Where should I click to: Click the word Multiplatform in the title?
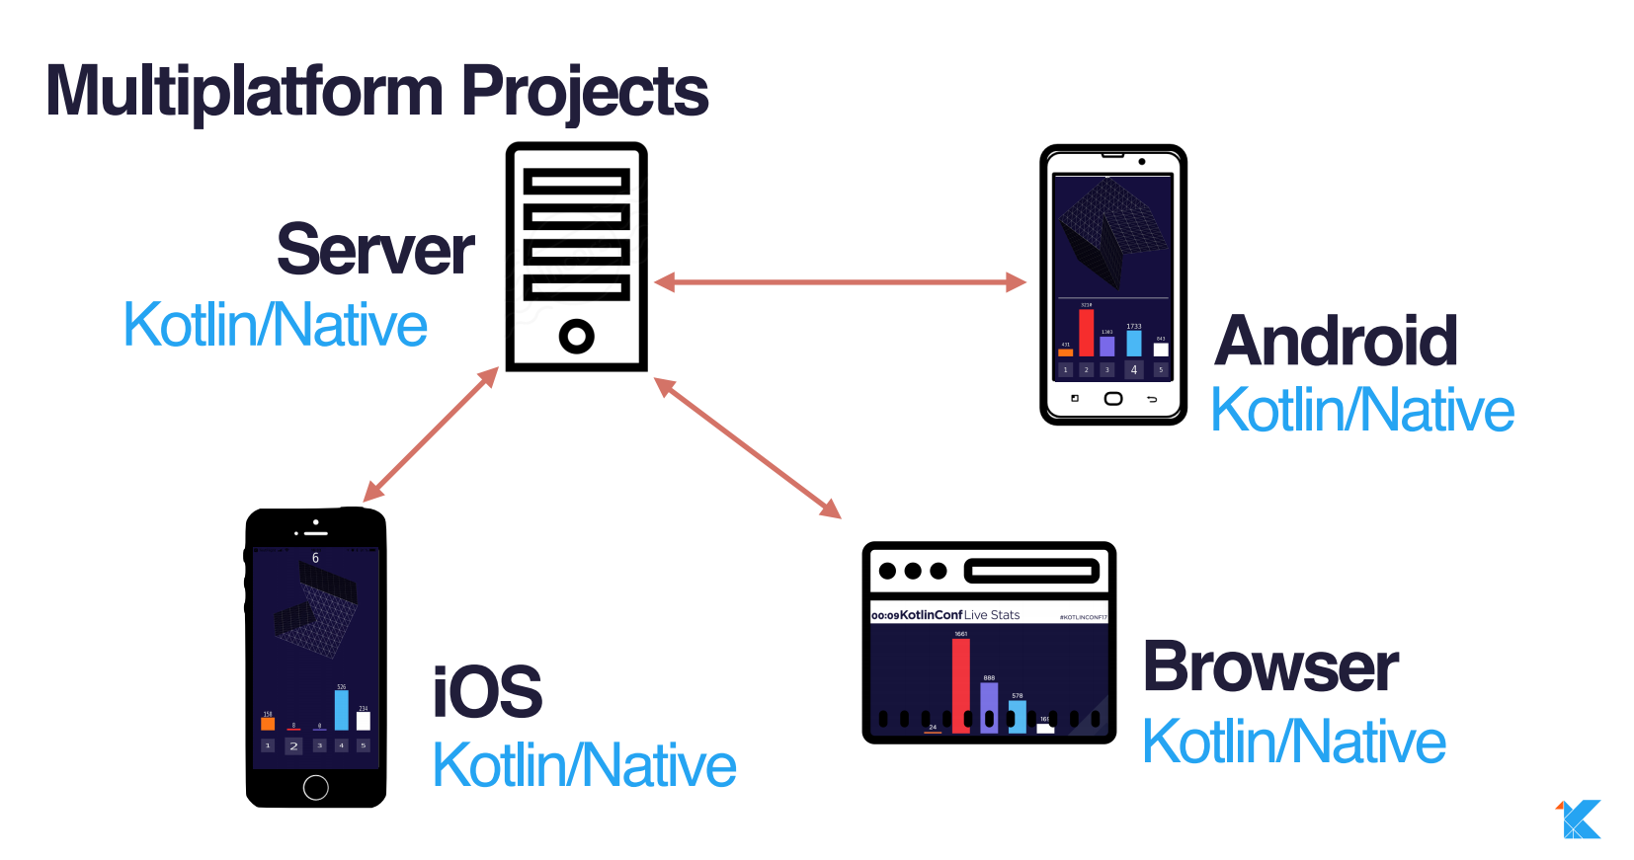(x=244, y=92)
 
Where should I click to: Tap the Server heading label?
(x=375, y=250)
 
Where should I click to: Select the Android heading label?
(x=1336, y=341)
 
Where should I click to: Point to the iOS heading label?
(x=487, y=692)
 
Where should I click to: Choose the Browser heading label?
(x=1270, y=667)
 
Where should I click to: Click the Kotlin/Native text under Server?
(x=276, y=325)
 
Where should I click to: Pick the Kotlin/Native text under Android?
(x=1362, y=410)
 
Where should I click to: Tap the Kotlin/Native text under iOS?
(x=585, y=765)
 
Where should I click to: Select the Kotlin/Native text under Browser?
(x=1294, y=742)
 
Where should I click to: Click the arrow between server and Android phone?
(x=841, y=282)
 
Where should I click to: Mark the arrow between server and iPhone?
(x=431, y=434)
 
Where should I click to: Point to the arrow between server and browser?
(x=748, y=448)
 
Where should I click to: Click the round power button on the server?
(x=576, y=336)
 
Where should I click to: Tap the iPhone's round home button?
(x=316, y=787)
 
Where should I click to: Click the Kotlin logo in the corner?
(x=1580, y=820)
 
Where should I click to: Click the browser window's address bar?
(x=1031, y=571)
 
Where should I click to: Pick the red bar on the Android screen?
(x=1086, y=333)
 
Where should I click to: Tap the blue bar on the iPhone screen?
(x=341, y=710)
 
